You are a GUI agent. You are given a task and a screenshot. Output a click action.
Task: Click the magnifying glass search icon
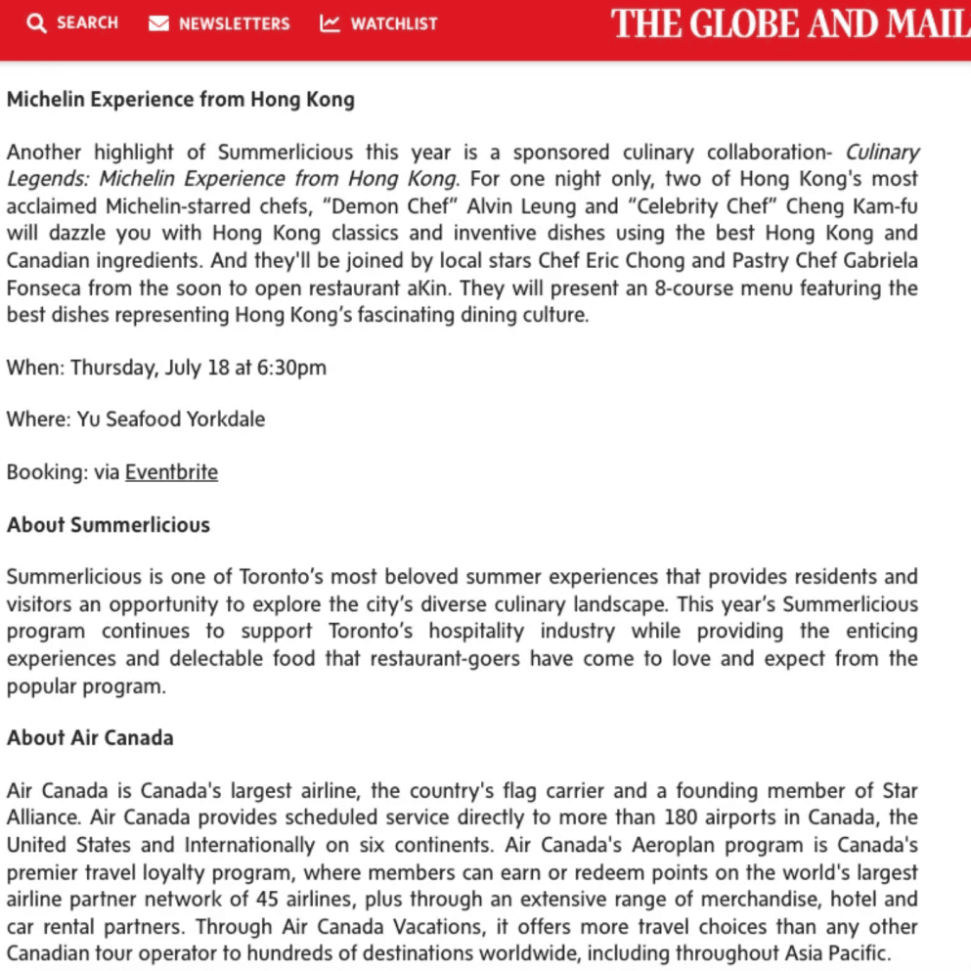pos(36,23)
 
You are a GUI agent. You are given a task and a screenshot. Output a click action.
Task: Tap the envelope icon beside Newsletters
pos(158,23)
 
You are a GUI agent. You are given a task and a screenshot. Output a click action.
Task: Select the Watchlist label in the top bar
pos(394,23)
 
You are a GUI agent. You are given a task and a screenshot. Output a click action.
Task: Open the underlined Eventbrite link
pos(171,472)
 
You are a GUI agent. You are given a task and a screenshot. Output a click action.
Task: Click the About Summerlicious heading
pos(109,525)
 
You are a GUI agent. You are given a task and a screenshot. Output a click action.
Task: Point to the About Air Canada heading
pos(90,738)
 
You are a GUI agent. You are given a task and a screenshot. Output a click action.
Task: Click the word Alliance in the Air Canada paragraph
pos(42,817)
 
